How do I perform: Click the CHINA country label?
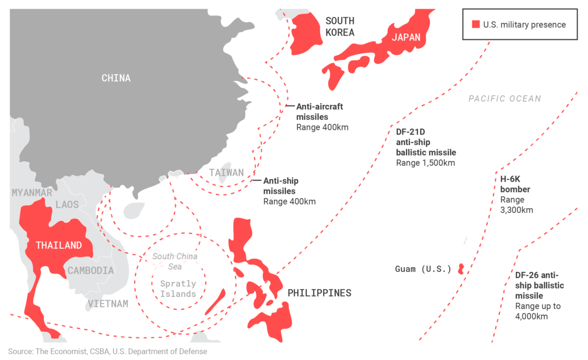pos(116,78)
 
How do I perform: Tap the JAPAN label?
pos(406,37)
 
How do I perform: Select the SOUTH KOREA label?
pos(340,26)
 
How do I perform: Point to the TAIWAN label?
pos(226,173)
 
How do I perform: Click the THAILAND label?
pos(59,245)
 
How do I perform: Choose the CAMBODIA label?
pos(91,270)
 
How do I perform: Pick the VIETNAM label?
pos(108,303)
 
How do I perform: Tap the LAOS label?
pos(67,204)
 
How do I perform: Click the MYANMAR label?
pos(32,192)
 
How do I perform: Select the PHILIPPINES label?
pos(319,293)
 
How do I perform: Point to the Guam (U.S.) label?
pos(423,269)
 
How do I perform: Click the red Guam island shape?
pos(461,269)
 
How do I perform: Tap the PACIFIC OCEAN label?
pos(504,98)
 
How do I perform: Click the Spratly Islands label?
pos(178,288)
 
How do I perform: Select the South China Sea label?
pos(175,261)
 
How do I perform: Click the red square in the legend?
pos(476,24)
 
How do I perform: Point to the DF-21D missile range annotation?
pos(426,147)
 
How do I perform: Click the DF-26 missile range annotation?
pos(539,295)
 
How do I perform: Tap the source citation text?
pos(108,351)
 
